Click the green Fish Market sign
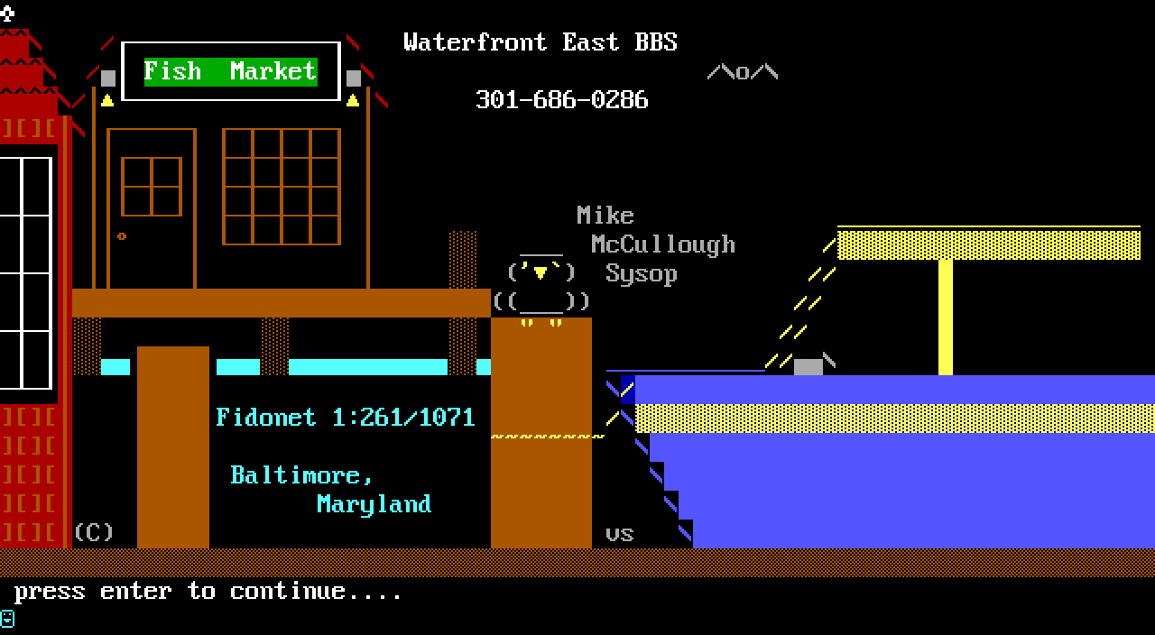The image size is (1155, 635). pyautogui.click(x=230, y=71)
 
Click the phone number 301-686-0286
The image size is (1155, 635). pyautogui.click(x=561, y=99)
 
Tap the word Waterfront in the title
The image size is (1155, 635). pyautogui.click(x=475, y=42)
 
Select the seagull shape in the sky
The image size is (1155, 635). pyautogui.click(x=742, y=72)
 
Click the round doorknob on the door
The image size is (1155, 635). pyautogui.click(x=122, y=236)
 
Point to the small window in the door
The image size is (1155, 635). pyautogui.click(x=152, y=187)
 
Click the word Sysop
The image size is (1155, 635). pyautogui.click(x=641, y=273)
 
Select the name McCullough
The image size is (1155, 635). pyautogui.click(x=663, y=244)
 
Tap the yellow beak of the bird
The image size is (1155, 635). pyautogui.click(x=541, y=272)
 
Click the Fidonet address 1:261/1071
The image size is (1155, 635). pyautogui.click(x=403, y=418)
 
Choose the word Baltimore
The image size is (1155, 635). pyautogui.click(x=301, y=475)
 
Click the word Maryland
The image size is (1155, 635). pyautogui.click(x=374, y=504)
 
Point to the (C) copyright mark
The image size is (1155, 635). pyautogui.click(x=94, y=532)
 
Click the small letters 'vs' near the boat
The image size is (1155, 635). pyautogui.click(x=619, y=534)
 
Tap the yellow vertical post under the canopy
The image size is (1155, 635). pyautogui.click(x=945, y=317)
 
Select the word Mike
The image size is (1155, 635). pyautogui.click(x=605, y=216)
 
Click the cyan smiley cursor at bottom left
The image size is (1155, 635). pyautogui.click(x=7, y=619)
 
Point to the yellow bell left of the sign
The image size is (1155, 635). pyautogui.click(x=107, y=100)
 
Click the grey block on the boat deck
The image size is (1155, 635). pyautogui.click(x=808, y=366)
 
